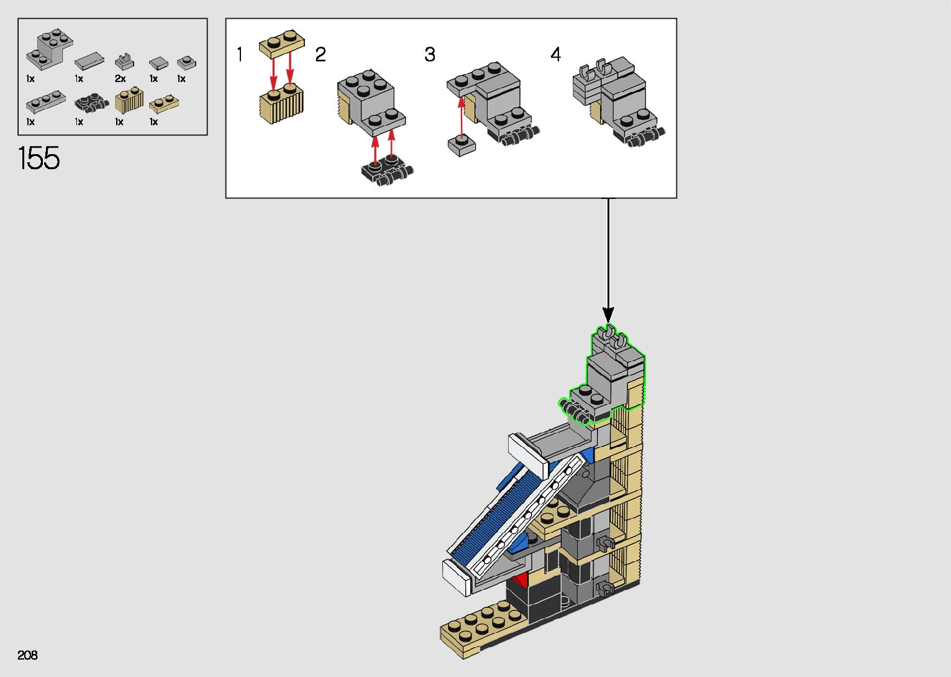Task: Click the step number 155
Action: [39, 158]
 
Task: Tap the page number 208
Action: [27, 655]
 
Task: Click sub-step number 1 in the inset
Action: [240, 55]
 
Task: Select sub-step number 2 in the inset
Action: [321, 55]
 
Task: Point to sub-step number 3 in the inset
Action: [430, 55]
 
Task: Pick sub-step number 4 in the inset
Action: [556, 55]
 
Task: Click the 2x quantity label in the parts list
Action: [120, 78]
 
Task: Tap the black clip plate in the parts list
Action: [91, 104]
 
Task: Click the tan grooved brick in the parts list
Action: [129, 100]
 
